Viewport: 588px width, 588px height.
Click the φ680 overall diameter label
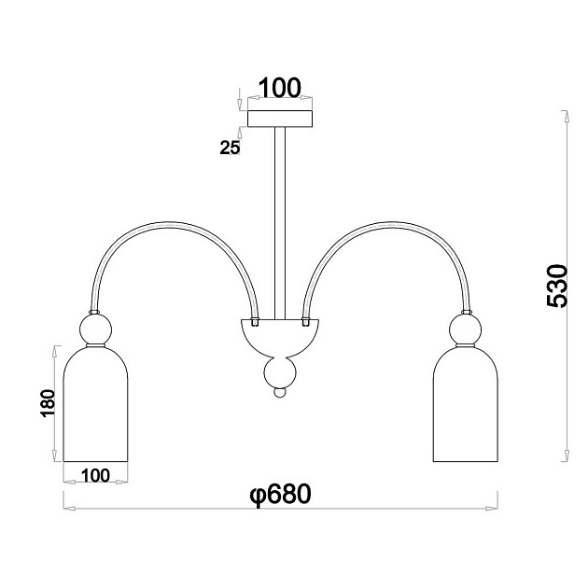coord(281,495)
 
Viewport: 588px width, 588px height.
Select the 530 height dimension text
coord(557,287)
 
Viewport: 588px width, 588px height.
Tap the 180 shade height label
coord(48,403)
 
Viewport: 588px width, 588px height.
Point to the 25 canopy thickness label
coord(230,147)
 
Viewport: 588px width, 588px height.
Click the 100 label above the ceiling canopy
coord(280,88)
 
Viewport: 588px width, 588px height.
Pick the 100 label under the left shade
coord(95,475)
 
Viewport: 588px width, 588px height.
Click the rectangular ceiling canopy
coord(280,119)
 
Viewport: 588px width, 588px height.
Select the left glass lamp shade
coord(95,403)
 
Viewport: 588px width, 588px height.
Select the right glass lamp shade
coord(466,403)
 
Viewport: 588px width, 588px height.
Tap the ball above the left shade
coord(95,329)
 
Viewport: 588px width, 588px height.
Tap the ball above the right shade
coord(466,329)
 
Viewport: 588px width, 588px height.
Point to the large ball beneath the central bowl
coord(280,372)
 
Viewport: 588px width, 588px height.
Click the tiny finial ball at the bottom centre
coord(280,393)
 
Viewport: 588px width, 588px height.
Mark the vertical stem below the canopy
coord(280,223)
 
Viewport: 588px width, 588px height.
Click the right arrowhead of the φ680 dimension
coord(492,509)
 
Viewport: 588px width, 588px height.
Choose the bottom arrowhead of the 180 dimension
coord(55,455)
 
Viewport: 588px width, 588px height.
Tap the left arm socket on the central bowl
coord(255,322)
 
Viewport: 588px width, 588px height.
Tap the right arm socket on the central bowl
coord(305,322)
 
